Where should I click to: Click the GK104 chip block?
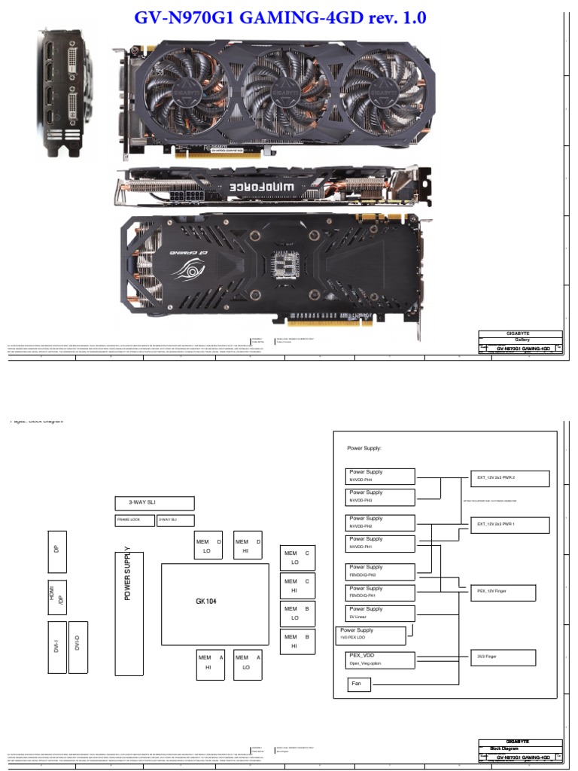215,604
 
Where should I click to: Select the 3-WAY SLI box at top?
154,504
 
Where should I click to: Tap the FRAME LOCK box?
134,520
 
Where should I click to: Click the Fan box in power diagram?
360,684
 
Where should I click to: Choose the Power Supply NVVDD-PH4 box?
381,476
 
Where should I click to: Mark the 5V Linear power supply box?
381,612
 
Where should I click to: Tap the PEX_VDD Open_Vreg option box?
381,660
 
